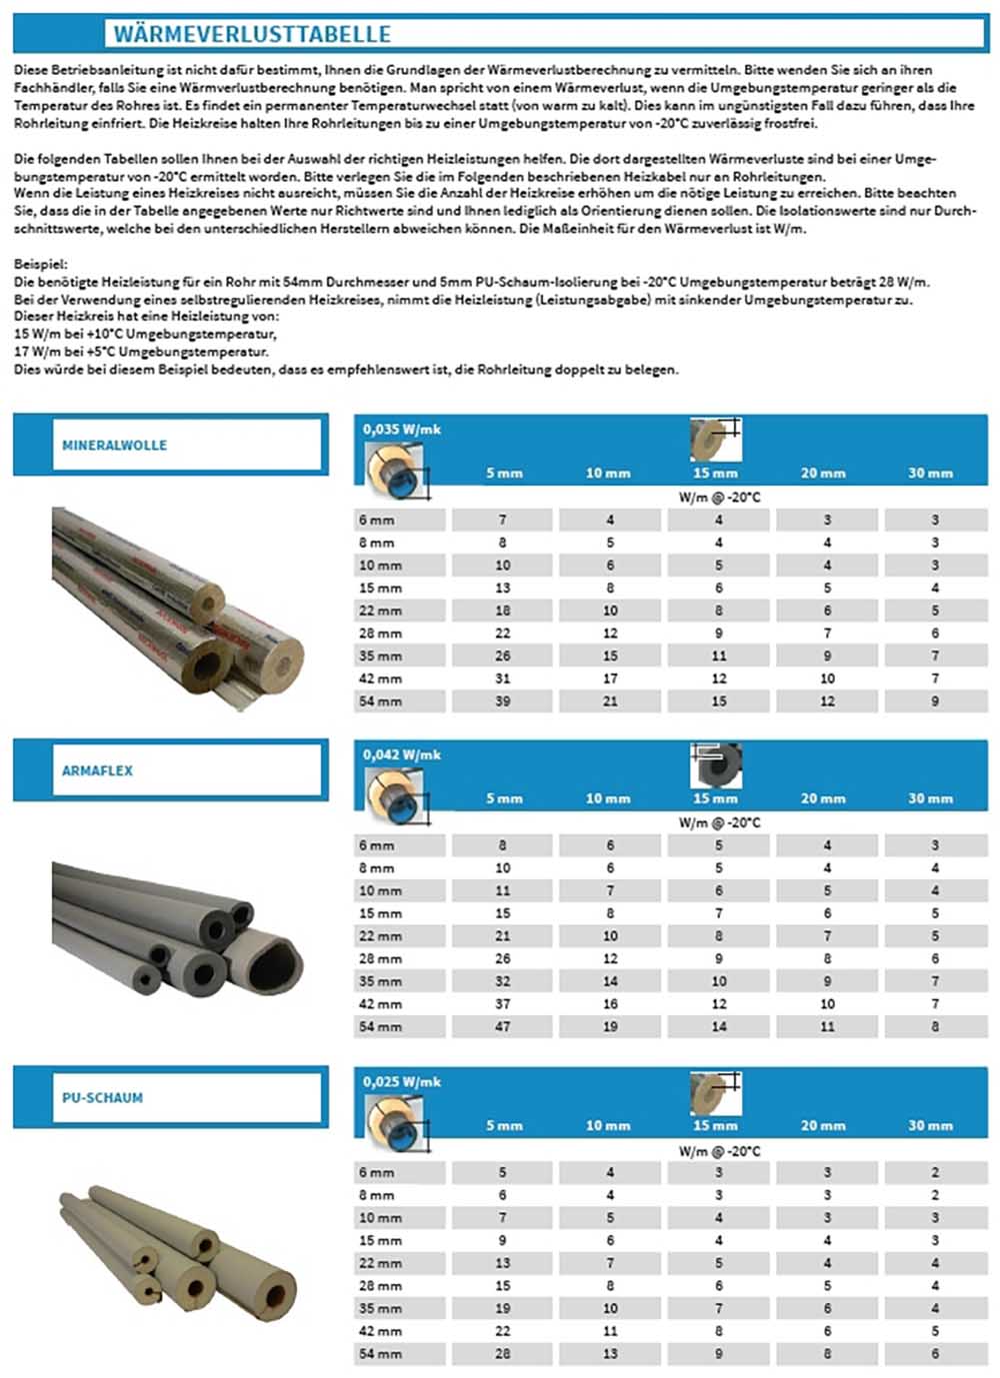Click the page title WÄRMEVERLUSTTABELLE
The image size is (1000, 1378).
[251, 34]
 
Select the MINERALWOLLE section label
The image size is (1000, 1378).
[114, 446]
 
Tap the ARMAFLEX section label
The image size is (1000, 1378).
[97, 770]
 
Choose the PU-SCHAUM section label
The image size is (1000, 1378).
[102, 1097]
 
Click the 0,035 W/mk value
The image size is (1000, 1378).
[402, 429]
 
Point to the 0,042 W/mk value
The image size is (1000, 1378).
[402, 754]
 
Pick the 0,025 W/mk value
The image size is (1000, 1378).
[402, 1081]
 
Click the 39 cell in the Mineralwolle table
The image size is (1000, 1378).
[502, 701]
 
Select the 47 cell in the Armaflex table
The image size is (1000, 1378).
[502, 1026]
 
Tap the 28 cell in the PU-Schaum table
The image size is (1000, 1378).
[502, 1353]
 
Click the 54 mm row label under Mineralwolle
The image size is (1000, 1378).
[380, 701]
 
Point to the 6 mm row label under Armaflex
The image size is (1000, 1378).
[377, 845]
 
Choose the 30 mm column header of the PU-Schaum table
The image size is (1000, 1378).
[930, 1125]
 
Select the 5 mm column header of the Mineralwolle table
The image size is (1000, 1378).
[504, 473]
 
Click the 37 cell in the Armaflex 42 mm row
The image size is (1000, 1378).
[502, 1003]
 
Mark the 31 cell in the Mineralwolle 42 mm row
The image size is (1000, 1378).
[502, 679]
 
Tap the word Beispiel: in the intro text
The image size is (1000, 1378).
[41, 265]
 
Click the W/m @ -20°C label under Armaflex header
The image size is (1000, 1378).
[719, 822]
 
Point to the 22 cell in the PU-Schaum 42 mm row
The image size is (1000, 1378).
[502, 1330]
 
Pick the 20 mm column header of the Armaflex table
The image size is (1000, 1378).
[823, 798]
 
